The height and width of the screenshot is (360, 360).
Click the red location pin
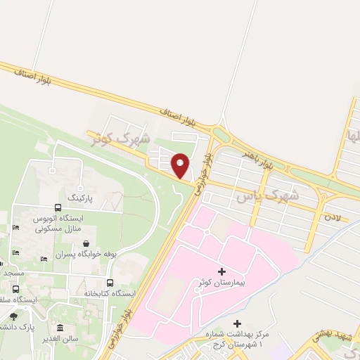pos(180,165)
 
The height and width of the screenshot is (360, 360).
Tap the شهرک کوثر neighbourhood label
pos(121,137)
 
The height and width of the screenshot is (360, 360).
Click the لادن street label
pos(332,217)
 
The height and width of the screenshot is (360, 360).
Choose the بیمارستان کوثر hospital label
pos(222,283)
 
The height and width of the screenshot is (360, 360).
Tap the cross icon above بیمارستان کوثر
pos(222,271)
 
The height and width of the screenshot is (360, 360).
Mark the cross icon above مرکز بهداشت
pos(236,323)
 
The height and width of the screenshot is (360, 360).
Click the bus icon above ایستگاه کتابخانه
pos(109,283)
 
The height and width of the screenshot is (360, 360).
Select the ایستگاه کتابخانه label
pos(108,293)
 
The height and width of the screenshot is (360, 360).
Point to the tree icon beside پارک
pos(13,316)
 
